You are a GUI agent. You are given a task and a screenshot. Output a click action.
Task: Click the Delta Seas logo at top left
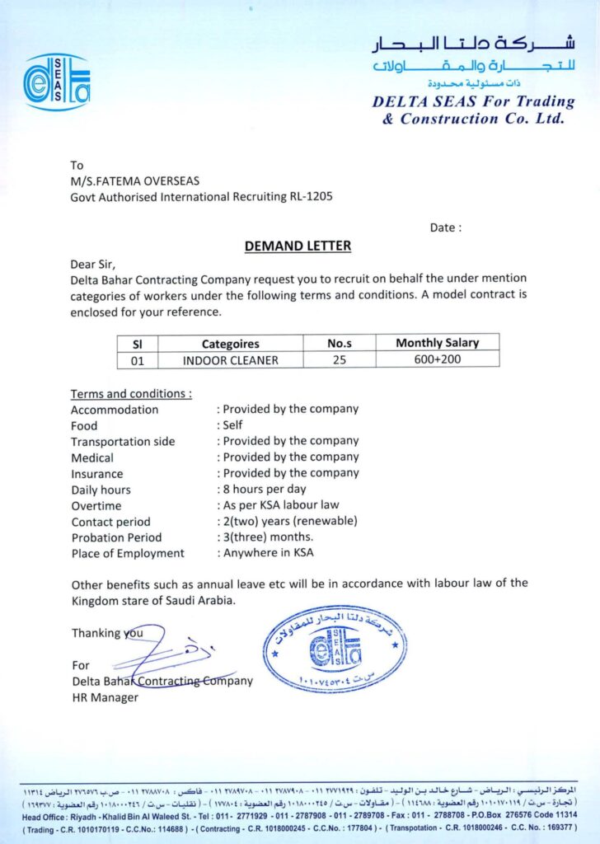tap(57, 82)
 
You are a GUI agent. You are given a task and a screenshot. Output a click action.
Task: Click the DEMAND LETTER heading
tap(298, 246)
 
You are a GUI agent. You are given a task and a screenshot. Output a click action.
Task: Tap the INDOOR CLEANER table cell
tap(231, 359)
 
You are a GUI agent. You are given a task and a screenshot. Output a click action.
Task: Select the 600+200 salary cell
tap(437, 359)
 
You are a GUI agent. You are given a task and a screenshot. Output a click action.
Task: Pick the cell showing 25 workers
tap(340, 359)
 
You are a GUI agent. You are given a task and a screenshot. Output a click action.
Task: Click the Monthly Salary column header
tap(437, 343)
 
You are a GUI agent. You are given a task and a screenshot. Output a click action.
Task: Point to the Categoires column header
tap(231, 344)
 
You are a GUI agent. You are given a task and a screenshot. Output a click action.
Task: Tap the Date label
tap(446, 227)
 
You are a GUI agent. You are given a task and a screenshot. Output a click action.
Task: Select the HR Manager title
tap(105, 697)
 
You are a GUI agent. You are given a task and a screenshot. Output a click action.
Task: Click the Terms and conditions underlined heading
tap(131, 393)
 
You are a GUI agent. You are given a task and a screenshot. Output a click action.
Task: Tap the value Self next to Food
tap(232, 425)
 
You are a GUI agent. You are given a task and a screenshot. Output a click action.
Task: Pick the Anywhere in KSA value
tap(268, 553)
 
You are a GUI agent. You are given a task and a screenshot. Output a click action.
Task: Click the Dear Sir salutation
tap(94, 264)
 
